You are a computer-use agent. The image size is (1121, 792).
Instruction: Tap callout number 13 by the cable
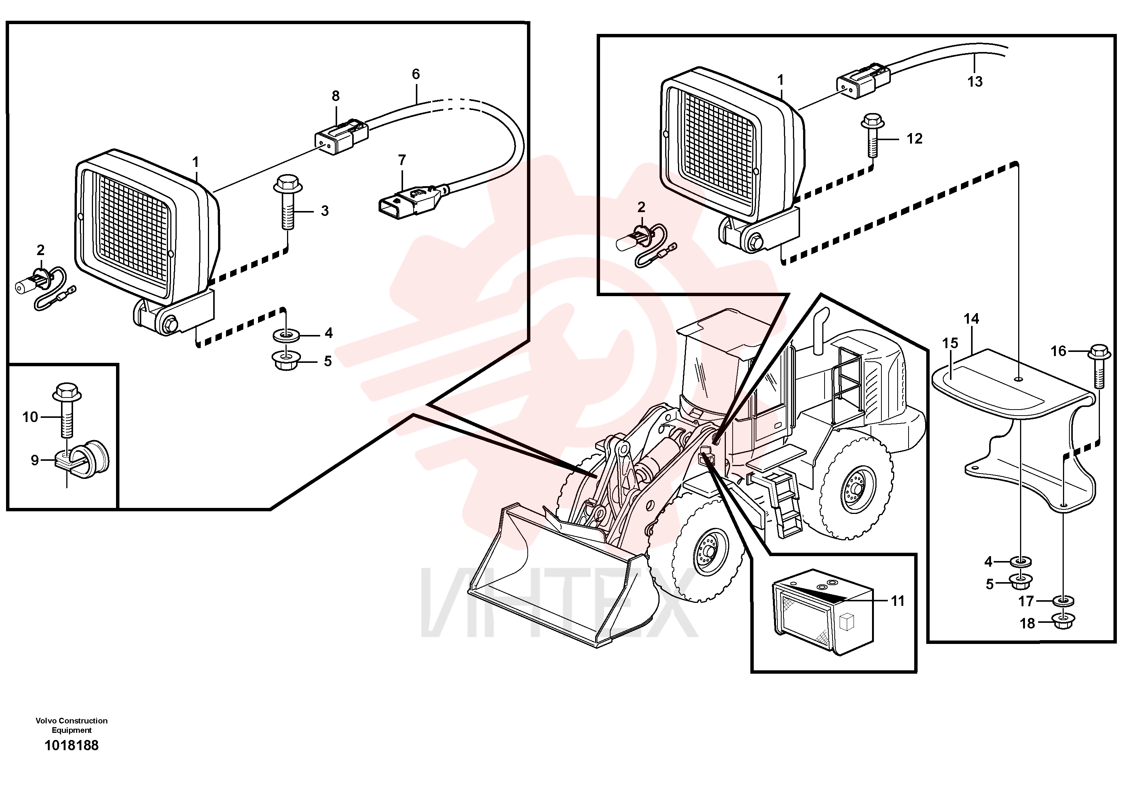click(974, 81)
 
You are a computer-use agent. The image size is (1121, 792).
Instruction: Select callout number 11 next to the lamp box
click(898, 601)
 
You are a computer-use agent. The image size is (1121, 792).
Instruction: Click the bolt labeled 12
click(872, 135)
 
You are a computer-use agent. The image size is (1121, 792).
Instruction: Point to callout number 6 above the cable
click(415, 74)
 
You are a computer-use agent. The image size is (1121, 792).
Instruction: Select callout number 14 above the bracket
click(971, 319)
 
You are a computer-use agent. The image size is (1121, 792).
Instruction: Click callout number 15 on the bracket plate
click(950, 343)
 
